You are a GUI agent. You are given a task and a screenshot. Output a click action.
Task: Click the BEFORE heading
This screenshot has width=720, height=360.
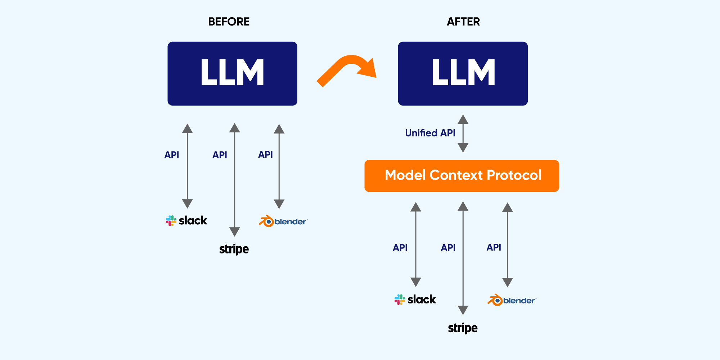pos(229,22)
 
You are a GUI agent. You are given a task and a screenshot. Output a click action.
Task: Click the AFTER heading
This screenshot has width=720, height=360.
pos(463,22)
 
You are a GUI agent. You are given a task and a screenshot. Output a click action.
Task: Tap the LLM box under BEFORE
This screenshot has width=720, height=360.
pos(232,73)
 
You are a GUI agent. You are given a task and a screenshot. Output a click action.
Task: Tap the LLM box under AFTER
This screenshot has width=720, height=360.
pos(463,73)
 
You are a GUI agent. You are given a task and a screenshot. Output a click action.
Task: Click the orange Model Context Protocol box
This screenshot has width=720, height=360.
pos(462,176)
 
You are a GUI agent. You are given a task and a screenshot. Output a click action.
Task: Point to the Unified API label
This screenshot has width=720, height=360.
pos(430,133)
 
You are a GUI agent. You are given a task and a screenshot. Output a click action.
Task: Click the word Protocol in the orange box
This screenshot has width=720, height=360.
pos(514,175)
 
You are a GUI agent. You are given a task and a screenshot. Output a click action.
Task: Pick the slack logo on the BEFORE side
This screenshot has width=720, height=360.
pos(186,220)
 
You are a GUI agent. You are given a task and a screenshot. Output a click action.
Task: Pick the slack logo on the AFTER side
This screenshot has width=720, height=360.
pos(415,300)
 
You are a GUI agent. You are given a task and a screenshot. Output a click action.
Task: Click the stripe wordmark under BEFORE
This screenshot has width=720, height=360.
pos(234,249)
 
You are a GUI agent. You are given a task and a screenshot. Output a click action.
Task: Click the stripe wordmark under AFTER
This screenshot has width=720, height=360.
pos(463,328)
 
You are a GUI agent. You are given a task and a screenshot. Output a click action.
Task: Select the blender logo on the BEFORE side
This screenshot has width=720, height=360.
pos(283,221)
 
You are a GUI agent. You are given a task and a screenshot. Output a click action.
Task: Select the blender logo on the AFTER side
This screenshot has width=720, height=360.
pos(512,300)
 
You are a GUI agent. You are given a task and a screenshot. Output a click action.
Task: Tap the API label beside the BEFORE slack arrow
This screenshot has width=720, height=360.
pos(172,155)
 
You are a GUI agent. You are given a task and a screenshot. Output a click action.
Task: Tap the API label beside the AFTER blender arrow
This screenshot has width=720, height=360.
pos(494,247)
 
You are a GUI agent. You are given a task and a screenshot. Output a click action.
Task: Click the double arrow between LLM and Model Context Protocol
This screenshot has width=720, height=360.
pos(463,134)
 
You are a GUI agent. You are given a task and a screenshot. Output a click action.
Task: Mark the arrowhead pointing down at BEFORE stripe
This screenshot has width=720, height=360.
pos(234,231)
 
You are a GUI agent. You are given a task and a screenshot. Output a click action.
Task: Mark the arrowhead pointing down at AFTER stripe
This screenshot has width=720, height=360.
pos(463,310)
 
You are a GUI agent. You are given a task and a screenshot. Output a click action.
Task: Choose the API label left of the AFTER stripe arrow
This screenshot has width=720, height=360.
pos(448,248)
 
